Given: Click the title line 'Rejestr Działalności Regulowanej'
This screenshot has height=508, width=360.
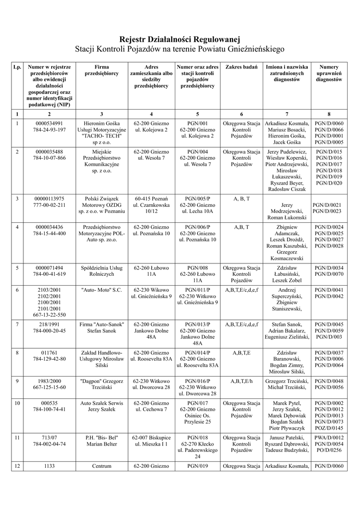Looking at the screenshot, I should pyautogui.click(x=180, y=39).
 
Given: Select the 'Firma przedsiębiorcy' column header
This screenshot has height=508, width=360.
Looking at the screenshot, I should pyautogui.click(x=101, y=70).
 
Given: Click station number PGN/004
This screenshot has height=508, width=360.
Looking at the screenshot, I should pyautogui.click(x=198, y=151).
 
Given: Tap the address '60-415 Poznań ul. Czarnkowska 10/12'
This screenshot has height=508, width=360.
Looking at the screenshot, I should pyautogui.click(x=151, y=204).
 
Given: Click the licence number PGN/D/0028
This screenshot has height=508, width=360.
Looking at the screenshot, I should pyautogui.click(x=329, y=246).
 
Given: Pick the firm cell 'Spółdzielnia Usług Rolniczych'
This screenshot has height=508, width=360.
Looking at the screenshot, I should pyautogui.click(x=101, y=271).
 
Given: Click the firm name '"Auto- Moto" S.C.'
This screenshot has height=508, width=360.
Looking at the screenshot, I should pyautogui.click(x=101, y=290).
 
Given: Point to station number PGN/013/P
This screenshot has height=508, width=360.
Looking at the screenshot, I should pyautogui.click(x=198, y=324).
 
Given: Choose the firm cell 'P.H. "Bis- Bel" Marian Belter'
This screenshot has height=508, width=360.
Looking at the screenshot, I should pyautogui.click(x=101, y=441).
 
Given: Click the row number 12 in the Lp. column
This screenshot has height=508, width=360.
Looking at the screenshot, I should pyautogui.click(x=17, y=466).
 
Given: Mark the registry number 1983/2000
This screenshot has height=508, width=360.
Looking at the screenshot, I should pyautogui.click(x=49, y=381).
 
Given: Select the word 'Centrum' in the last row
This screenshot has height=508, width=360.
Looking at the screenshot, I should pyautogui.click(x=101, y=466).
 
